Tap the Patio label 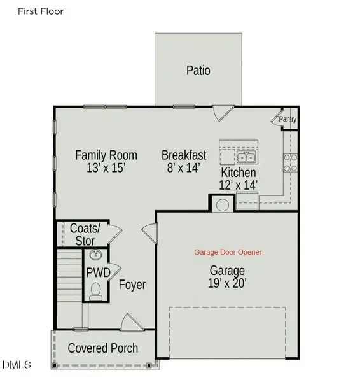(198, 70)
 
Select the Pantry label (288, 119)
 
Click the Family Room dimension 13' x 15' (106, 168)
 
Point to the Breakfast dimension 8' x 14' (184, 168)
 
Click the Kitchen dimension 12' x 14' (239, 185)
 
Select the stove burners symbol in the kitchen (290, 162)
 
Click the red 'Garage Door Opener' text (228, 252)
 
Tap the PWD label (98, 273)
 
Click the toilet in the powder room (97, 292)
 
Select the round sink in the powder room (97, 256)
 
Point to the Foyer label (132, 285)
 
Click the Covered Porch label (102, 348)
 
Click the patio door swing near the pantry (220, 113)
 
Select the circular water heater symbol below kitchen (223, 205)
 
